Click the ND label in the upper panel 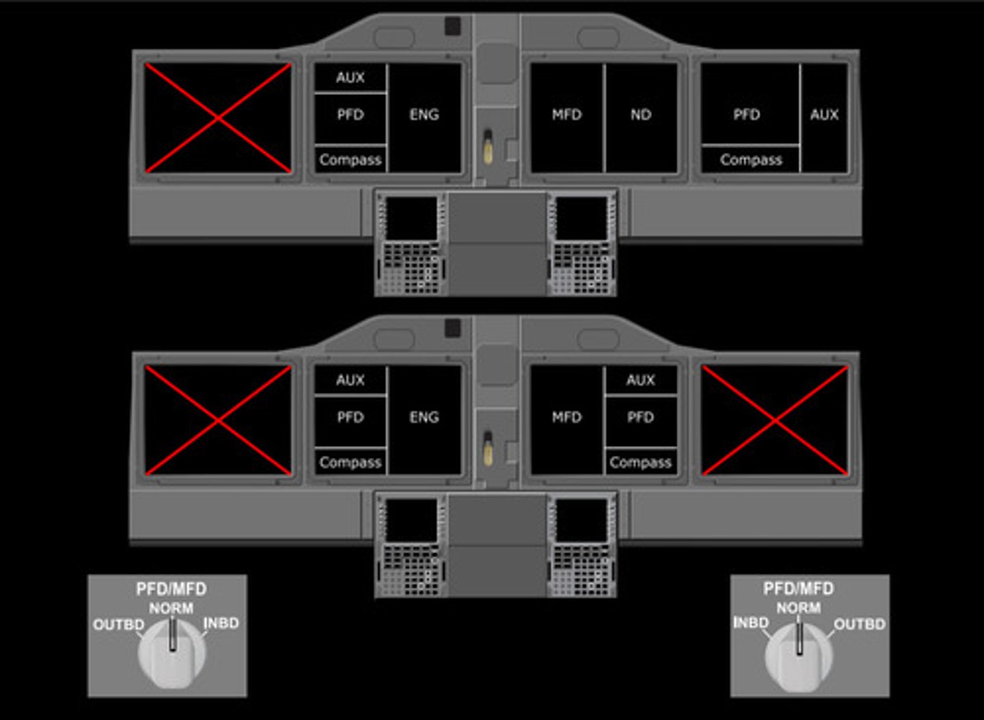pos(640,115)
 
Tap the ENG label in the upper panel pos(424,115)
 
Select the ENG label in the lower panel pos(424,417)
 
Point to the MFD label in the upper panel pos(566,115)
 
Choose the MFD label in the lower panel pos(566,417)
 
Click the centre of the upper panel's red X pos(218,118)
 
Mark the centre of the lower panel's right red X pos(775,420)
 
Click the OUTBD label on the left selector pos(118,624)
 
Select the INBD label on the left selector pos(221,623)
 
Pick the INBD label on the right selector pos(751,622)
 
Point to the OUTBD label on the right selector pos(859,624)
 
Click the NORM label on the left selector pos(171,607)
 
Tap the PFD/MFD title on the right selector pos(798,588)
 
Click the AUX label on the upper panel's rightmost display pos(824,115)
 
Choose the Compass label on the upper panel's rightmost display pos(750,160)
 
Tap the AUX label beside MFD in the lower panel pos(640,380)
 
